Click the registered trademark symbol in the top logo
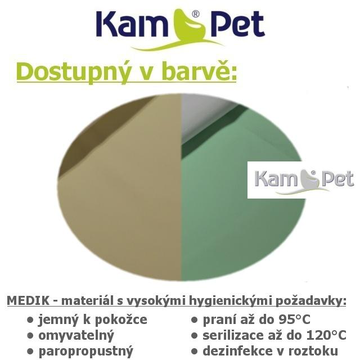(x=195, y=15)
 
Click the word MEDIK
(x=28, y=300)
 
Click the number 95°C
(x=294, y=319)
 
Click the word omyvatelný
(x=76, y=336)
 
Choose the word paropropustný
(x=86, y=352)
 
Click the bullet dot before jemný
(x=30, y=320)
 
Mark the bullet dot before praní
(x=195, y=320)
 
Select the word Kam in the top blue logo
(x=131, y=24)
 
